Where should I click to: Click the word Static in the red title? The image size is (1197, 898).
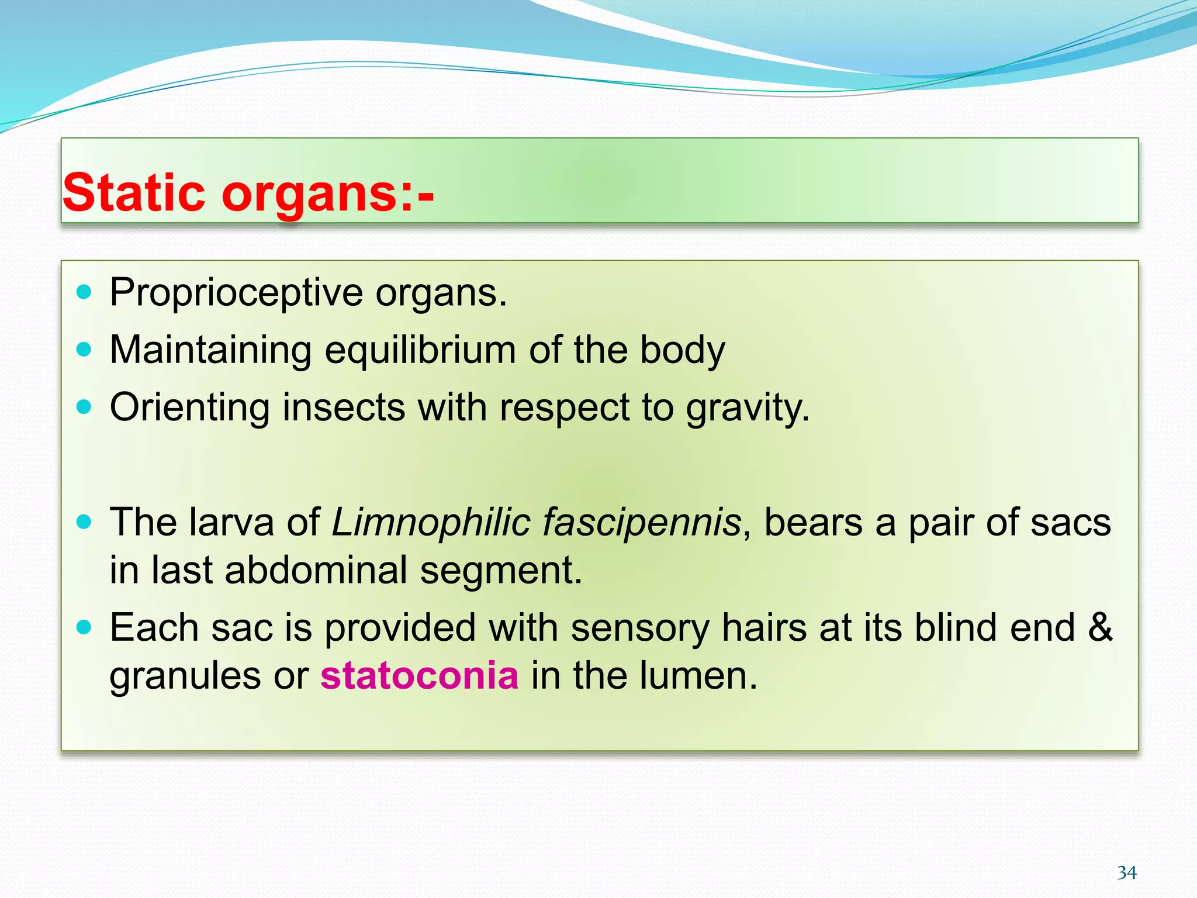134,192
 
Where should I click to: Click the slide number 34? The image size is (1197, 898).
1126,873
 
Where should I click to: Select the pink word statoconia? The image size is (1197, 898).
419,675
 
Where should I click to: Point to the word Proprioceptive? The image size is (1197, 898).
236,293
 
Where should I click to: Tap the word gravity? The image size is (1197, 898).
748,408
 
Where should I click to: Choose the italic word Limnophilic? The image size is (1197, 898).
431,522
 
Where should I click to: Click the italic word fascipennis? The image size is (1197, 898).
642,522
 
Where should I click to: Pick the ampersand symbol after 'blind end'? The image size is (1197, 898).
1100,627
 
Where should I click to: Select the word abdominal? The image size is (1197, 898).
316,570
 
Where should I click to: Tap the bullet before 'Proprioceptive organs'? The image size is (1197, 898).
85,292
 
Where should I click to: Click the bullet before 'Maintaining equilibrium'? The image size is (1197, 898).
85,350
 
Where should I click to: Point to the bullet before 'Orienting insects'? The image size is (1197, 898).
85,407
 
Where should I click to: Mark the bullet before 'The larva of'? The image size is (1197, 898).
85,521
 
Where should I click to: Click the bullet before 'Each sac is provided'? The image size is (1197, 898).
85,627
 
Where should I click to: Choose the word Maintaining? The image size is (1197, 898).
210,351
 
